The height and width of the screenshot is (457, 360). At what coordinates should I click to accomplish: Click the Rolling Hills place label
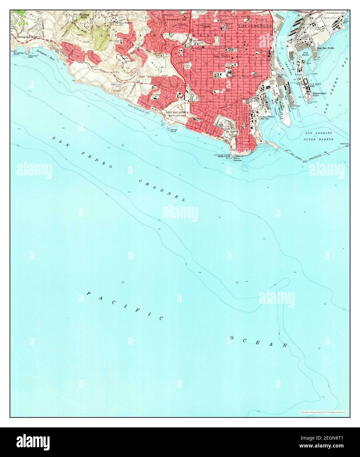coord(84,16)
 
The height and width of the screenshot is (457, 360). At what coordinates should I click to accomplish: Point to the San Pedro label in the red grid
coord(220,56)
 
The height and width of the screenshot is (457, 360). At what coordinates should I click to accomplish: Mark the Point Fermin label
coord(237,159)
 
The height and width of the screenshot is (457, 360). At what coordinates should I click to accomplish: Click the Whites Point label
coord(173,130)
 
